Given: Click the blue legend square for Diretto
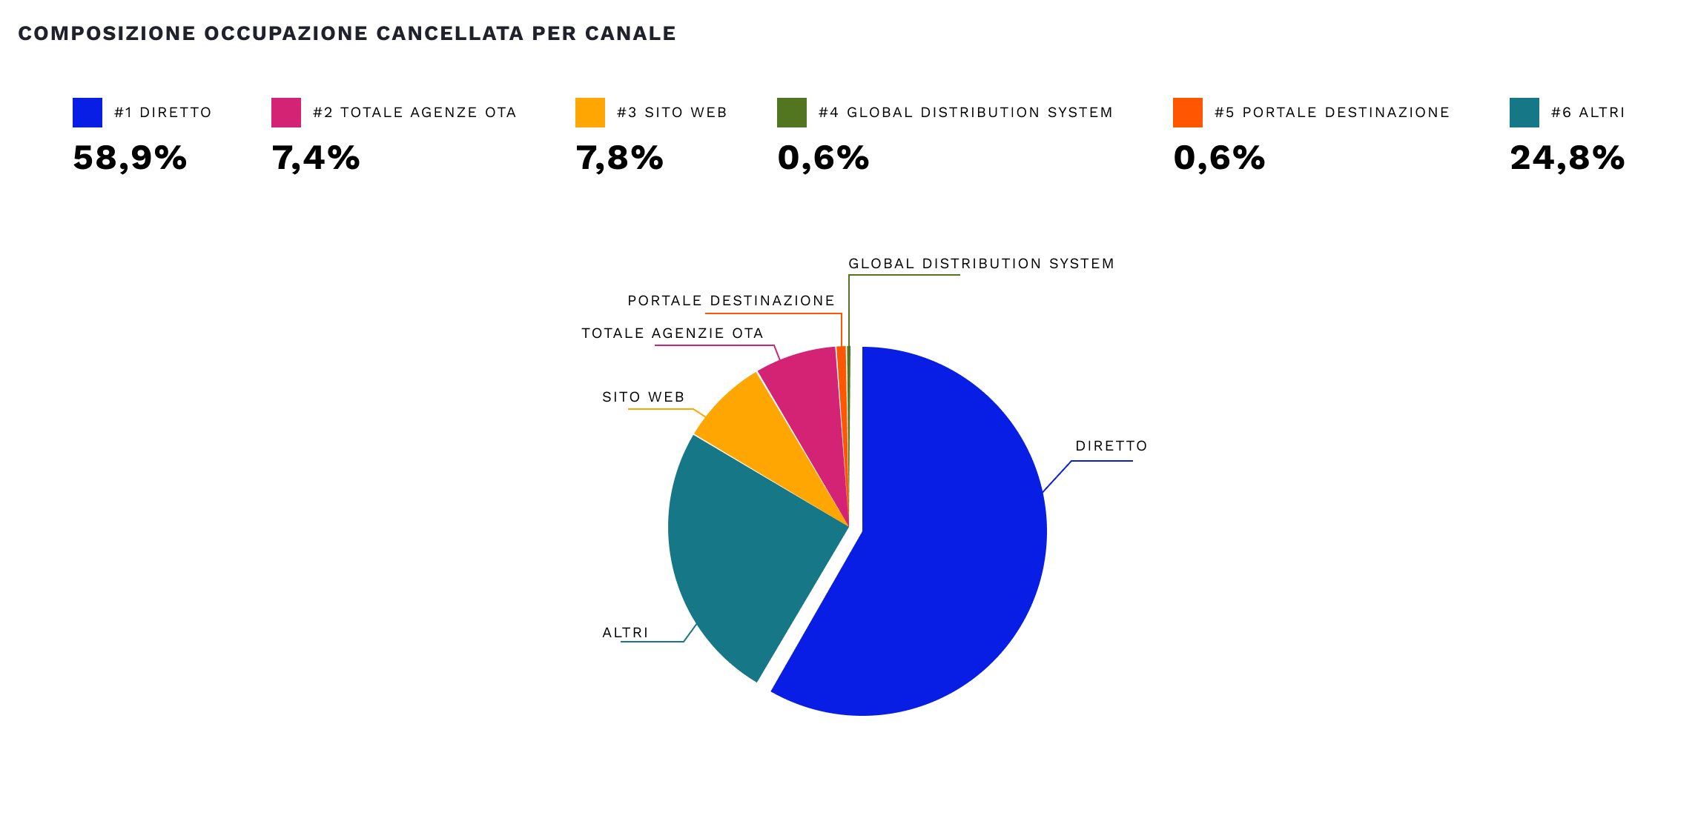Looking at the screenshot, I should [87, 113].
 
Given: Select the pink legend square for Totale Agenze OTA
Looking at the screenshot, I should [286, 113].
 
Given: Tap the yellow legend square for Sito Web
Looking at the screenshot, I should [590, 113].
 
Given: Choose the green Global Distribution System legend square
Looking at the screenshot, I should [792, 113].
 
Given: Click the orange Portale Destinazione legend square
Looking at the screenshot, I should [1188, 113].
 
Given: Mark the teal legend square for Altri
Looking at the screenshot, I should [1524, 113].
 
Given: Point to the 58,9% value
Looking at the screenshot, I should [130, 158].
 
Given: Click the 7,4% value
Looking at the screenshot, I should [316, 158].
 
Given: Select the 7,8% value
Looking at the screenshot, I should [619, 158].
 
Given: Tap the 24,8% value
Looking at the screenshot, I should [1567, 158].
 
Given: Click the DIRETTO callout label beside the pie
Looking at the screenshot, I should [1111, 446].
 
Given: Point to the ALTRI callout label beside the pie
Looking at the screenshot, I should [625, 633].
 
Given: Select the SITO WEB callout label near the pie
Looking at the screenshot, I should [643, 397].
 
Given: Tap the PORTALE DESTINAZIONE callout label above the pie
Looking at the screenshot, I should [731, 301].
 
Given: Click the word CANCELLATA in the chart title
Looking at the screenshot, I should [449, 33].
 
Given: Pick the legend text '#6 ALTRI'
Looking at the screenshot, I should [1588, 113].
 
